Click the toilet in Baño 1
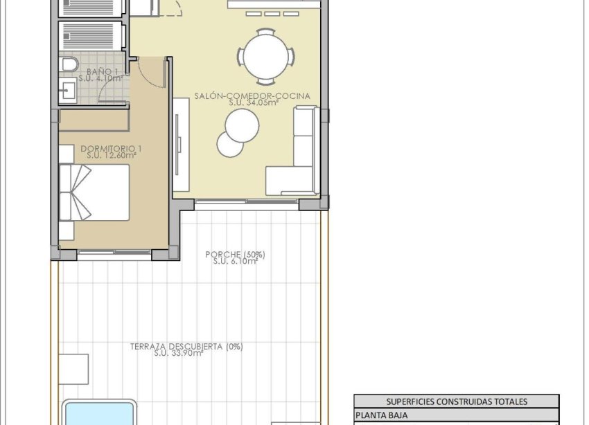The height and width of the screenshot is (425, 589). (68, 65)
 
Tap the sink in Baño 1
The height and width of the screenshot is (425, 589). (67, 89)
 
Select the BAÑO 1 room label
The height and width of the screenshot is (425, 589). (102, 71)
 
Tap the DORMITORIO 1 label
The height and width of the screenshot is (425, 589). (112, 148)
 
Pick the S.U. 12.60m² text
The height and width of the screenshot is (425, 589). (112, 156)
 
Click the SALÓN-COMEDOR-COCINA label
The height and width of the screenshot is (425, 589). (252, 96)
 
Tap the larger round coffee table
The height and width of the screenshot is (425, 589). (242, 126)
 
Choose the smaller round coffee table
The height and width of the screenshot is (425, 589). (230, 143)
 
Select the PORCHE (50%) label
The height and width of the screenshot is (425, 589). (235, 255)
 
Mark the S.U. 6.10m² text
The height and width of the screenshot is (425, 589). (235, 262)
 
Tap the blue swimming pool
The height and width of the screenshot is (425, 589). (98, 414)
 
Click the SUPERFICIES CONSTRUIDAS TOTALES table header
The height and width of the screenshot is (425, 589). (456, 401)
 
